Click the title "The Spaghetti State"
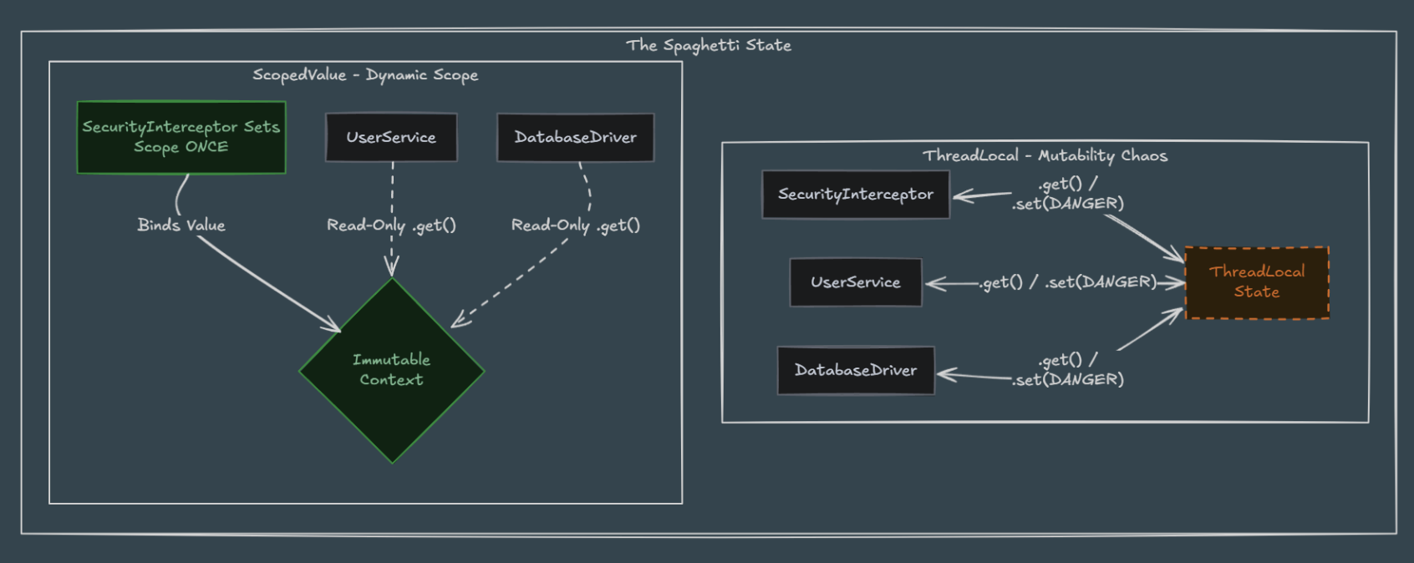pos(709,45)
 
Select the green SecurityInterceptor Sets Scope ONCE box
pos(181,137)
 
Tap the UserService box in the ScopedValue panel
pos(391,137)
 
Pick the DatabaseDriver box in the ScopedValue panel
pos(576,137)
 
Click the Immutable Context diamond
pos(391,371)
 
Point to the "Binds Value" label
pos(181,225)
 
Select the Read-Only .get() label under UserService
pos(391,226)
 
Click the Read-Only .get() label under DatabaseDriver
pos(576,226)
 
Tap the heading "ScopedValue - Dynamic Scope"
pos(365,75)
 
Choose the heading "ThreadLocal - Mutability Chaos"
pos(1045,156)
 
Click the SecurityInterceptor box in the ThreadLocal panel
pos(856,195)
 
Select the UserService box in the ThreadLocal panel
pos(856,282)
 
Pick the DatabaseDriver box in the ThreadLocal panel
pos(856,370)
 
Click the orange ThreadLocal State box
pos(1257,282)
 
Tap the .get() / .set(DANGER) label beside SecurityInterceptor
pos(1068,194)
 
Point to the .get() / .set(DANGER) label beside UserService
pos(1068,282)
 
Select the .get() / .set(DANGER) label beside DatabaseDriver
pos(1068,370)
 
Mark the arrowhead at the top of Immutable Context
pos(392,267)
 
